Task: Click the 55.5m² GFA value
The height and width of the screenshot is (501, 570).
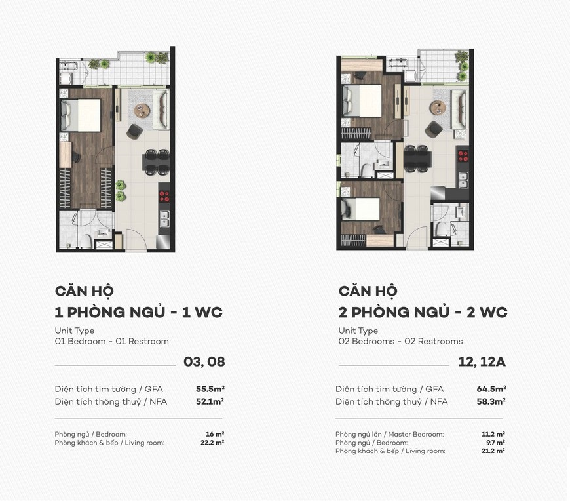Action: pos(210,389)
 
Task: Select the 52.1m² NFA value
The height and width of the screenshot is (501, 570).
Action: pos(210,401)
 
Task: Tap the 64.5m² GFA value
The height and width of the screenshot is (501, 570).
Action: pos(491,389)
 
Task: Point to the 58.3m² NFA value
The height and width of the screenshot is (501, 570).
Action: pos(491,401)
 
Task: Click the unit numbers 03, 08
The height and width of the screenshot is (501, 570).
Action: pos(204,361)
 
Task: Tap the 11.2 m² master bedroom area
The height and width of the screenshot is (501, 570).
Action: pos(493,434)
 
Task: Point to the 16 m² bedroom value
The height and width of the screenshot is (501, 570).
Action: pos(214,434)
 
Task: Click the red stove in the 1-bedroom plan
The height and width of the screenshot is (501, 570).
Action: pos(164,196)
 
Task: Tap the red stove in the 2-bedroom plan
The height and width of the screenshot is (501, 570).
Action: pos(463,156)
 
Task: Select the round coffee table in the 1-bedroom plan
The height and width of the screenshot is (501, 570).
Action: pos(142,111)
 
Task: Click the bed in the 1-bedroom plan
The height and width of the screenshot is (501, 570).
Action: pos(81,115)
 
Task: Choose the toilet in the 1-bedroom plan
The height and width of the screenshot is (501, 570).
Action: pos(86,241)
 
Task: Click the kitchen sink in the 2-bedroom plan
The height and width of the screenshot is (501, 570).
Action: pos(463,179)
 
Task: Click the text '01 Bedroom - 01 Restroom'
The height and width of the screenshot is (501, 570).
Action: pos(112,341)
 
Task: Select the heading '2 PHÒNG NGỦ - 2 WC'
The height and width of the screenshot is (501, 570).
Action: pos(423,312)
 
